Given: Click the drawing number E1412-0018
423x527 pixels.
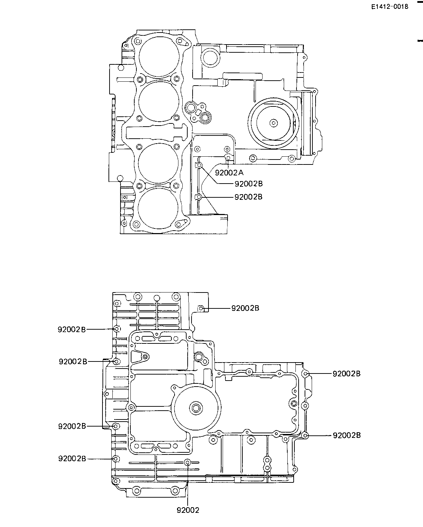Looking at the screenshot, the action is [x=390, y=7].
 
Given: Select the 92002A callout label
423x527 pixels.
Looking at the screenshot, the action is [x=229, y=173].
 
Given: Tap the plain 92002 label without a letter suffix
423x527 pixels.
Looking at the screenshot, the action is [x=188, y=510].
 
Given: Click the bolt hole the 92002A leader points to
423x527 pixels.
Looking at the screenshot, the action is [x=228, y=157].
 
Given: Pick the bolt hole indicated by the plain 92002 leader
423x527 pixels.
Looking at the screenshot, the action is [x=187, y=462].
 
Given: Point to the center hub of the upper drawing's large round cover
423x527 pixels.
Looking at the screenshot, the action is [x=273, y=123].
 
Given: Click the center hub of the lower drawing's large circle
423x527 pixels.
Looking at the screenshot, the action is [x=196, y=408].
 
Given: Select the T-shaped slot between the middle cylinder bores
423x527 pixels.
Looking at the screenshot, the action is [x=157, y=132].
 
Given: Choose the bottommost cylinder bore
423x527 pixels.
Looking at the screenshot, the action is [x=158, y=208].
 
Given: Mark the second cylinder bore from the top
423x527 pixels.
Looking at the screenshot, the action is [x=159, y=102].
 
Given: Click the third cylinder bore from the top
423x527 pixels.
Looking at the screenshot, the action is [x=158, y=163].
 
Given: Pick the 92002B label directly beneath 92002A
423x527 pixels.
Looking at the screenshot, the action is [x=248, y=184].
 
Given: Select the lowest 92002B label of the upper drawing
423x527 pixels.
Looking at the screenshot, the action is [x=248, y=197].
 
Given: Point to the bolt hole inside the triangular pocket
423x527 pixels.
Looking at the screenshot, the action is [x=145, y=357].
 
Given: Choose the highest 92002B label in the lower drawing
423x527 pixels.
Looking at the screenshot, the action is [x=245, y=308].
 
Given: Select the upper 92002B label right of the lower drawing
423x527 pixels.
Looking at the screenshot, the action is [x=346, y=373].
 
